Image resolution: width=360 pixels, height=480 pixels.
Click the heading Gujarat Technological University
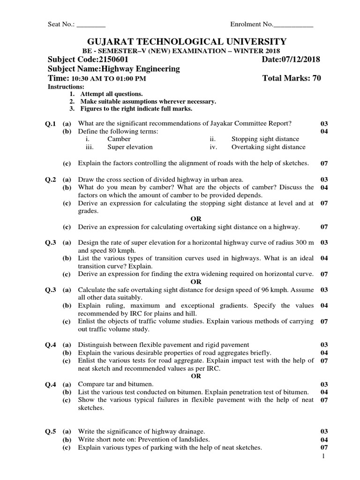pyautogui.click(x=180, y=41)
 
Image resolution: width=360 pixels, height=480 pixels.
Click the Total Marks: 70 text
pyautogui.click(x=292, y=78)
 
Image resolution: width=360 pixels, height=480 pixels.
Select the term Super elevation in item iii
pyautogui.click(x=130, y=147)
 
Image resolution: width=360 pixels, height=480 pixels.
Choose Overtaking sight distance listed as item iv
pyautogui.click(x=268, y=147)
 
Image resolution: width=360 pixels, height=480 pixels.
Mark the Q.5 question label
pyautogui.click(x=50, y=431)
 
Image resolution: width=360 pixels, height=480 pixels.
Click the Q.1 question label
pyautogui.click(x=50, y=124)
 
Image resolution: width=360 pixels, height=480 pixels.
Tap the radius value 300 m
pyautogui.click(x=304, y=242)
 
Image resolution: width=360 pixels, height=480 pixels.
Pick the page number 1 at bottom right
pyautogui.click(x=323, y=456)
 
